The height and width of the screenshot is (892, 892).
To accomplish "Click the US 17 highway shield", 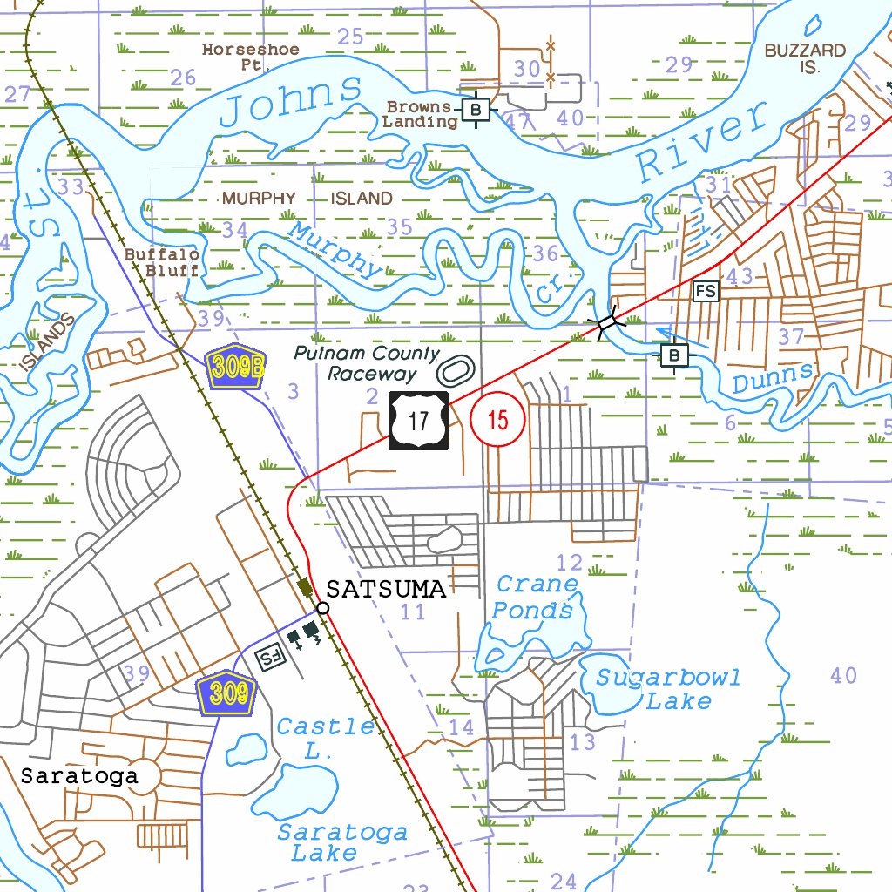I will pos(418,421).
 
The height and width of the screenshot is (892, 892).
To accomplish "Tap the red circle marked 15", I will pos(497,420).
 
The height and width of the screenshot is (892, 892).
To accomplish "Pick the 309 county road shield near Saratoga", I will pos(226,693).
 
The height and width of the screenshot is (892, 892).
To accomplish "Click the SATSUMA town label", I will pos(386,590).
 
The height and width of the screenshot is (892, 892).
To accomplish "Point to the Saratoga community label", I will pos(79,775).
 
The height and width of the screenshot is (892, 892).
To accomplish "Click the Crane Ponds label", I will pos(535,597).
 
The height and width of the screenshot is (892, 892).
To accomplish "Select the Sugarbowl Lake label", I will pos(668,689).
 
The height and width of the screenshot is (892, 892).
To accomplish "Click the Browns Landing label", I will pos(420,114).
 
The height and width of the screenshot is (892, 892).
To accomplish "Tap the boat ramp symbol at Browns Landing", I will pos(475,110).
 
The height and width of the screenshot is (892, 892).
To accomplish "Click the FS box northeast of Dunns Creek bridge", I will pos(706,291).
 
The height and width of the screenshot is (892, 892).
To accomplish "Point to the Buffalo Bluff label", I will pos(161,261).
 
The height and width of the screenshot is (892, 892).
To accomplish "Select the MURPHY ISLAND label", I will pos(307,199).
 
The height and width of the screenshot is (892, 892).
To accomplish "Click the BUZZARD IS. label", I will pos(805,58).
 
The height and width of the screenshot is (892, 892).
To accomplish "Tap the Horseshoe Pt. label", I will pos(251,57).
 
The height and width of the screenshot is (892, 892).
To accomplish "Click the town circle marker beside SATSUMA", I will pos(323,607).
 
